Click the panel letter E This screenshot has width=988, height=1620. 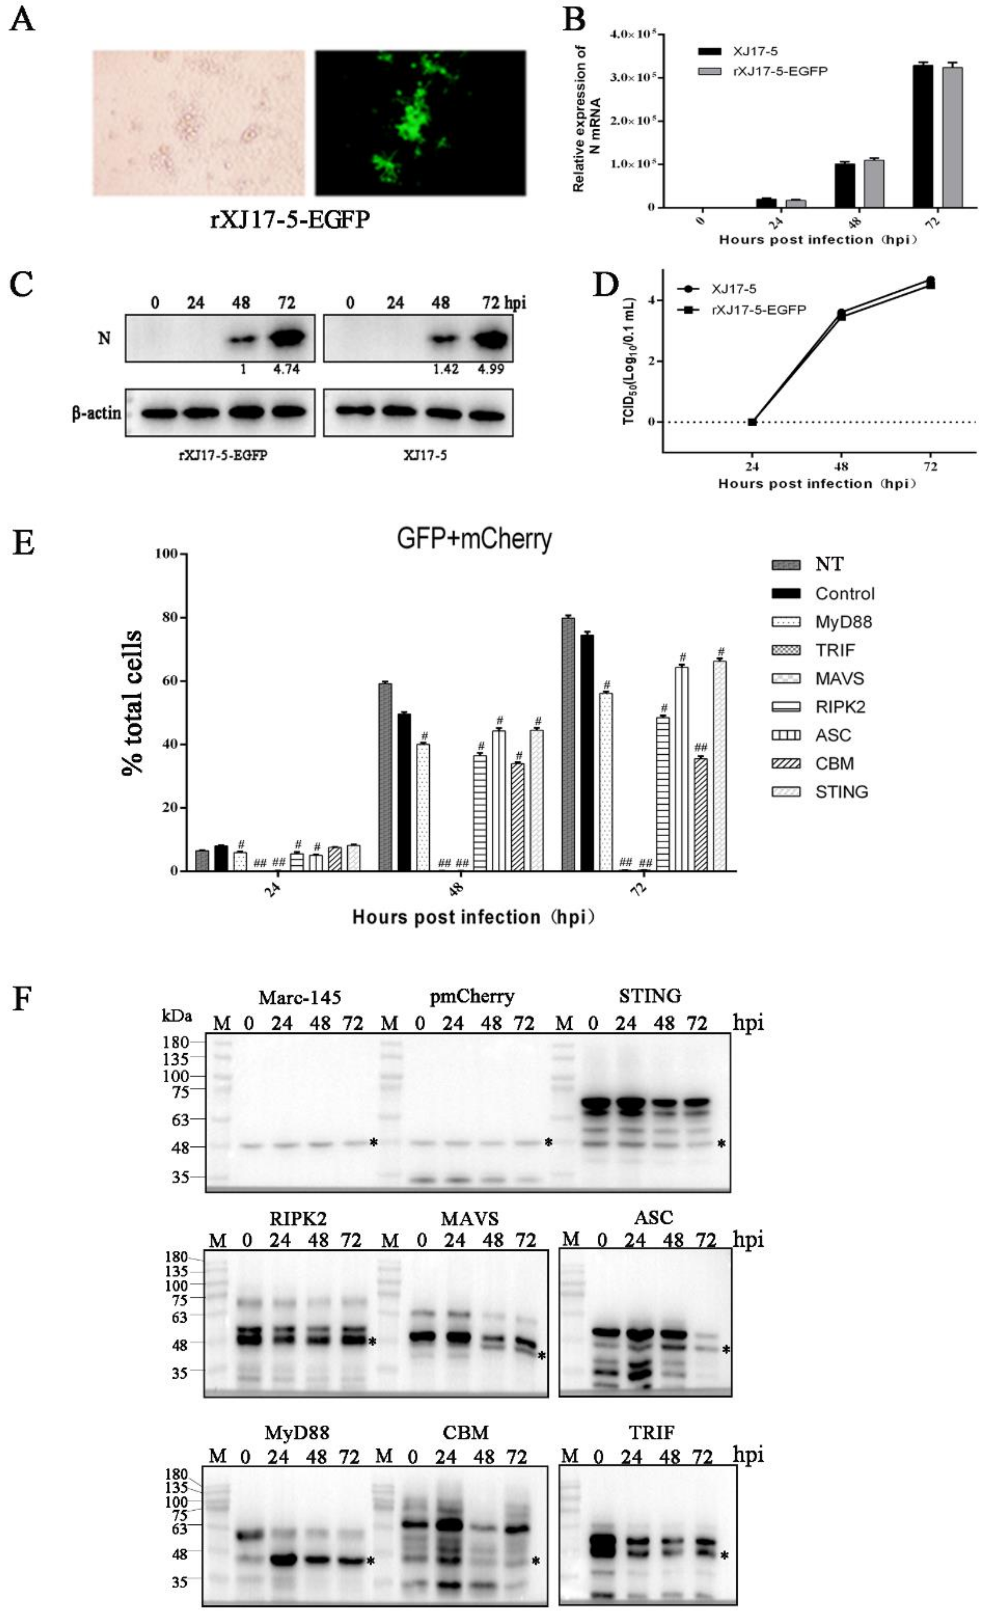(24, 544)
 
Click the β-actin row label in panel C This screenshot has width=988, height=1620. (97, 413)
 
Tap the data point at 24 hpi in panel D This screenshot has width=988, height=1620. (752, 421)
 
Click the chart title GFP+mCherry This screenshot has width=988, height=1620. (474, 539)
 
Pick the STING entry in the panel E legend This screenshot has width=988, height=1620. (841, 792)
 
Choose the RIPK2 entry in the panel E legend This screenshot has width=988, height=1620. (840, 707)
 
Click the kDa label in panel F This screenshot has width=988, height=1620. (178, 1016)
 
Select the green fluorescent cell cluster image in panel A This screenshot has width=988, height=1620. (420, 123)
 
